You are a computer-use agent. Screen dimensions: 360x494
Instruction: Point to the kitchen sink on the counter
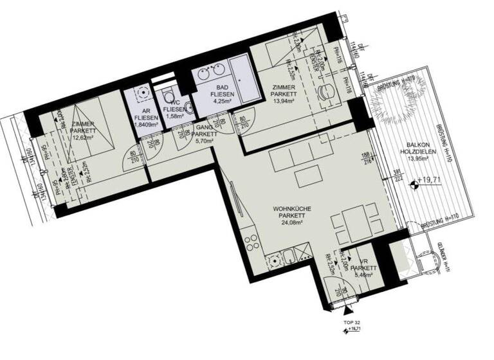pyautogui.click(x=275, y=261)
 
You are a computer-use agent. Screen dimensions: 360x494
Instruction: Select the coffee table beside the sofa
pyautogui.click(x=307, y=175)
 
